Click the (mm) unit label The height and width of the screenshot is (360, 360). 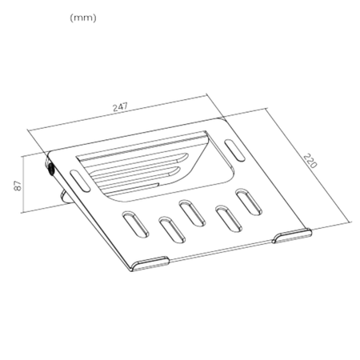tap(83, 18)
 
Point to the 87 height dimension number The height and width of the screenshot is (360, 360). tap(17, 185)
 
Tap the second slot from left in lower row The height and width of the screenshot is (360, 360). tap(170, 227)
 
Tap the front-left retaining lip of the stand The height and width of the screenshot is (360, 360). tap(150, 262)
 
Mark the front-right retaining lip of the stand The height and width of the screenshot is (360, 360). tap(292, 233)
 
